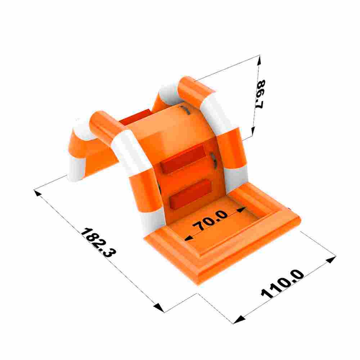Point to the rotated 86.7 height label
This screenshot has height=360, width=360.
tap(260, 94)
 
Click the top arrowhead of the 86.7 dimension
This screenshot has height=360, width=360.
tap(259, 60)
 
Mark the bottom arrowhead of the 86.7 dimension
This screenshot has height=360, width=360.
tap(253, 131)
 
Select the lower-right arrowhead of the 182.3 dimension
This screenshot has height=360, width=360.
tap(159, 307)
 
